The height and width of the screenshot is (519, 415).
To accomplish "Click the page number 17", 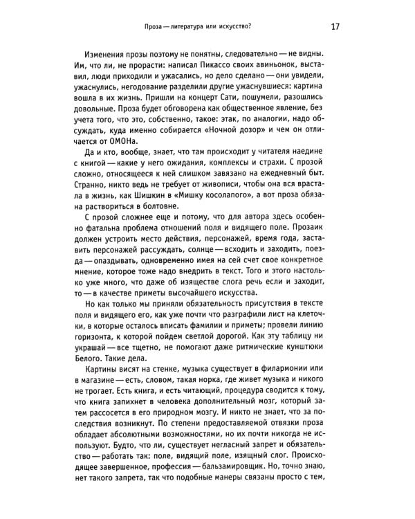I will (334, 27).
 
